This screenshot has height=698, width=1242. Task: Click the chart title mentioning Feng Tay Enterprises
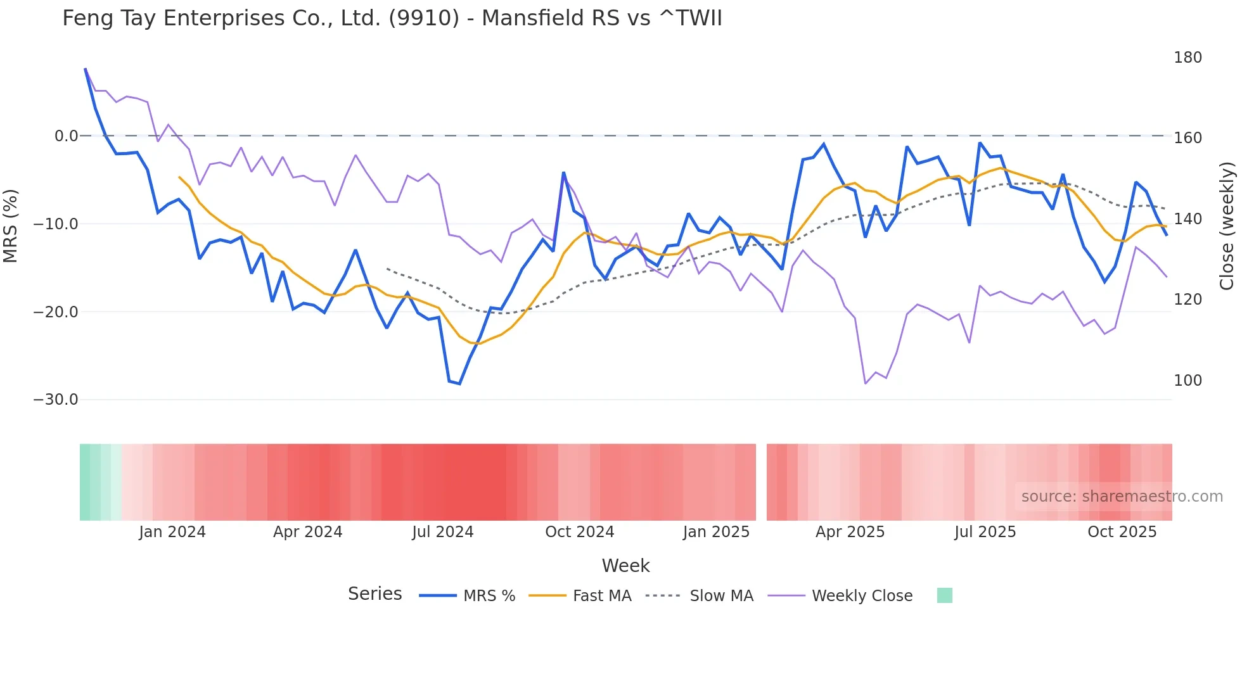coord(392,18)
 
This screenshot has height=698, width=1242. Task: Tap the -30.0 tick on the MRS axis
coord(56,400)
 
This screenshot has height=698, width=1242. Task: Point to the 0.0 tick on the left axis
coord(66,136)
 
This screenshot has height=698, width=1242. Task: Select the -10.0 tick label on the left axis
coord(56,224)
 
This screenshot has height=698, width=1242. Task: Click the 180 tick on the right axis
coord(1187,58)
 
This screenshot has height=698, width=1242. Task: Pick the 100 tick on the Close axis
coord(1187,381)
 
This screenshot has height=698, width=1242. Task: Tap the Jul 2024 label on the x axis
coord(442,532)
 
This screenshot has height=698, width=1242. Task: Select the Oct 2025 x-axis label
coord(1122,532)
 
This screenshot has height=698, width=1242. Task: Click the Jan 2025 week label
coord(716,532)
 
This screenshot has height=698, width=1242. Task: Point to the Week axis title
coord(625,566)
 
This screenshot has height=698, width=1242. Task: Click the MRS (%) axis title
coord(11,225)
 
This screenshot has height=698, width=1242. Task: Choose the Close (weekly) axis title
coord(1227,226)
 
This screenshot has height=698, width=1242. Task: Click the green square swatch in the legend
coord(944,595)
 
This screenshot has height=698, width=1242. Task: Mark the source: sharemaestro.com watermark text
coord(1122,497)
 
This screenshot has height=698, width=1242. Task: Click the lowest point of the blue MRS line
coord(459,384)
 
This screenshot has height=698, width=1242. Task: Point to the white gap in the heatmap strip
coord(761,482)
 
